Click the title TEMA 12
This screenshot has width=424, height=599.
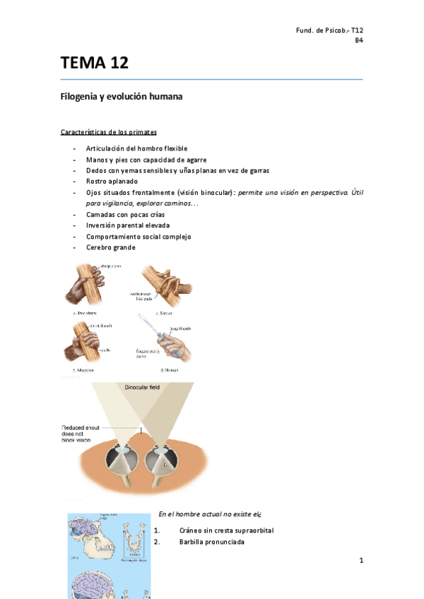coord(95,63)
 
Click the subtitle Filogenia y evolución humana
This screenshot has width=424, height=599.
coord(122,97)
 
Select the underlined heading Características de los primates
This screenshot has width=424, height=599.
coord(109,132)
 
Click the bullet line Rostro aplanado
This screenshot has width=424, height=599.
coord(111,182)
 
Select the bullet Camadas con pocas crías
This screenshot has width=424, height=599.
coord(126,214)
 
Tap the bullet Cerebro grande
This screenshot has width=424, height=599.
coord(110,247)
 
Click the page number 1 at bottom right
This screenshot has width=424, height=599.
coord(360,560)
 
